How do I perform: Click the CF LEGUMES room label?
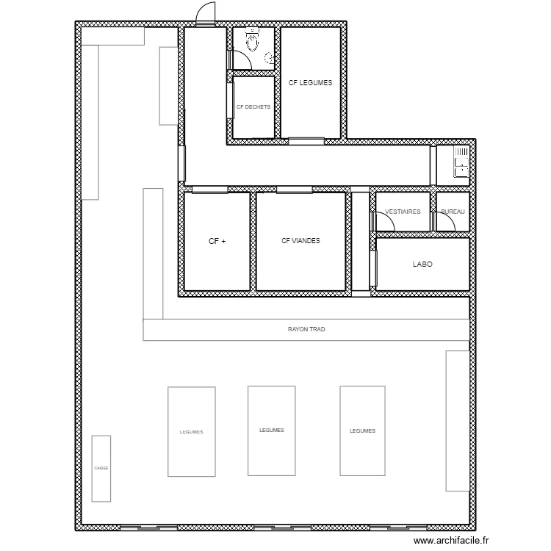310,83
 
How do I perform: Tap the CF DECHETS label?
253,107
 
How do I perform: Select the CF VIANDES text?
300,240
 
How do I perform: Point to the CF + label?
217,240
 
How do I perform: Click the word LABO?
422,264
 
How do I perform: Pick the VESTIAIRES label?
403,212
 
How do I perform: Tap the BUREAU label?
453,212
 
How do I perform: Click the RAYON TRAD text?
306,330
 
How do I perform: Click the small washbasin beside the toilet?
270,57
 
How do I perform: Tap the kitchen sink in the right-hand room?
461,162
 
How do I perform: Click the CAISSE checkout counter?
101,468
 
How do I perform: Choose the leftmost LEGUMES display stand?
191,432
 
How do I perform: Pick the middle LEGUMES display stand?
271,431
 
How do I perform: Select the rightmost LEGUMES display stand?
363,431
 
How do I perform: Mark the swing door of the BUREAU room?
444,221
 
